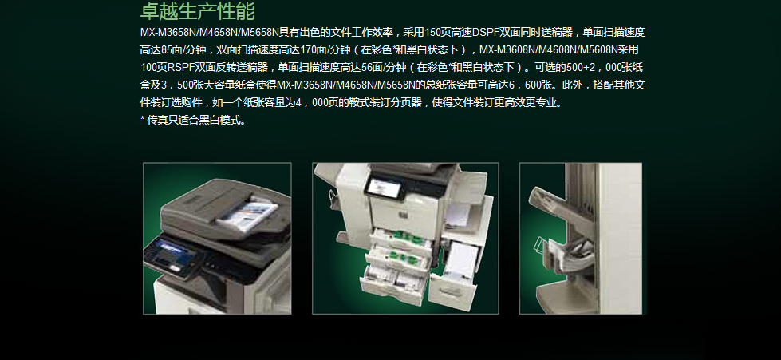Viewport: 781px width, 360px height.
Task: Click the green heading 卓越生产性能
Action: (x=198, y=11)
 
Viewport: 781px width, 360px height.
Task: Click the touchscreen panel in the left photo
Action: (x=175, y=255)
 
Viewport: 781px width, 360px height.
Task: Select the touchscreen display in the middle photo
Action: (x=383, y=187)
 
